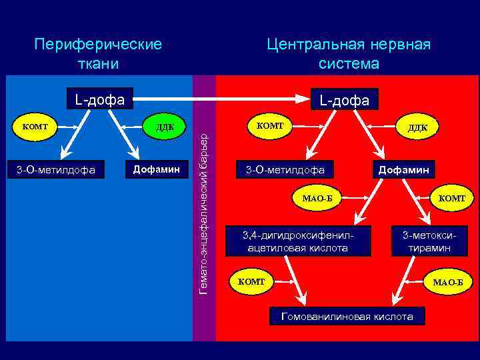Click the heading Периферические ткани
point(99,54)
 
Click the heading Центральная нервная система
point(349,54)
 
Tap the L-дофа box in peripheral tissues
point(99,100)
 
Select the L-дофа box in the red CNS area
point(344,101)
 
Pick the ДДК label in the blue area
point(165,127)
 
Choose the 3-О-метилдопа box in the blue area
point(56,171)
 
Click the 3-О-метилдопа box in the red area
point(285,170)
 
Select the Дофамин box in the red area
point(405,170)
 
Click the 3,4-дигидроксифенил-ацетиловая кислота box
point(297,241)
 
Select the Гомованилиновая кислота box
point(347,317)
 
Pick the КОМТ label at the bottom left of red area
point(251,282)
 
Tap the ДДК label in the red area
point(418,127)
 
